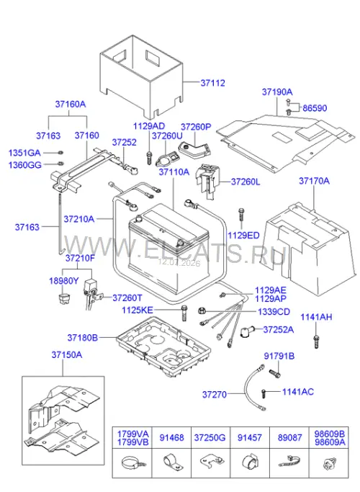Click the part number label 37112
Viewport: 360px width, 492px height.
click(213, 83)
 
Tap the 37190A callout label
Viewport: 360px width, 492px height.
click(277, 92)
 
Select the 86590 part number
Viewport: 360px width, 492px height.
click(315, 108)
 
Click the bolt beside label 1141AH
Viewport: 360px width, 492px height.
click(316, 341)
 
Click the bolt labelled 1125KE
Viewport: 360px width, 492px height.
click(184, 313)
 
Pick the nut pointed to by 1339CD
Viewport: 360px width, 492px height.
click(202, 311)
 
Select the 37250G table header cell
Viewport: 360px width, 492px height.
click(210, 438)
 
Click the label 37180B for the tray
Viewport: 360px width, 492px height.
click(83, 338)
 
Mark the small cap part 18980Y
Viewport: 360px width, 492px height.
click(64, 298)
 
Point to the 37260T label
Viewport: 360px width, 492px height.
click(127, 298)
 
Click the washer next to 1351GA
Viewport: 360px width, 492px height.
click(60, 153)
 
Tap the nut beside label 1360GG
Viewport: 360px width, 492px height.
click(61, 164)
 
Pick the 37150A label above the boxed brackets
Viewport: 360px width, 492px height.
click(67, 355)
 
